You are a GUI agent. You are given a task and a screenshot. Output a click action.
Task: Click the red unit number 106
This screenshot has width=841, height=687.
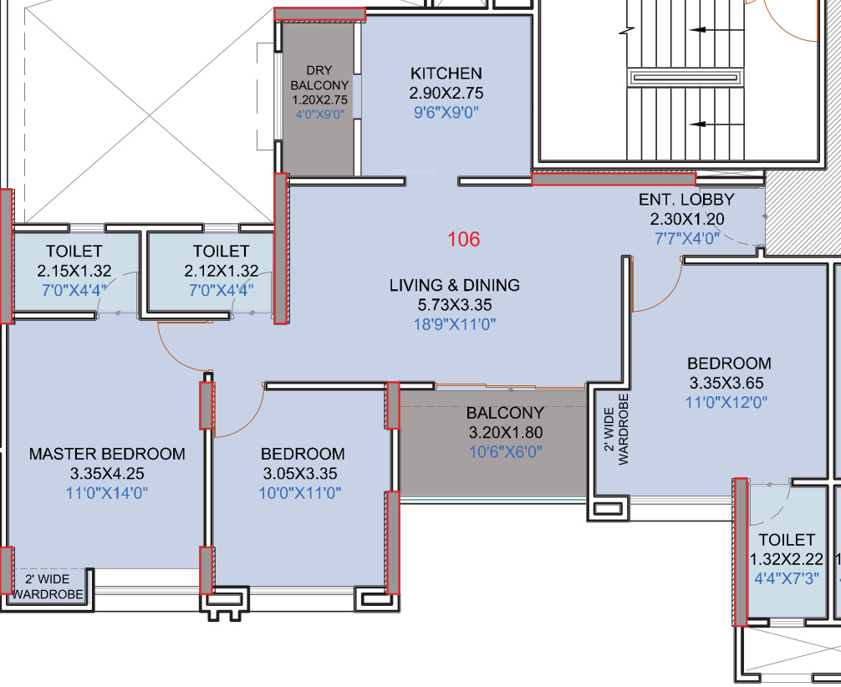[464, 239]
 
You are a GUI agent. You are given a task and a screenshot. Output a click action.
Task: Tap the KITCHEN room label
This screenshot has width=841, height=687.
[446, 74]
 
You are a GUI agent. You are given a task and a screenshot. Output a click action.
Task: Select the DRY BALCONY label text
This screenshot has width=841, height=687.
[319, 78]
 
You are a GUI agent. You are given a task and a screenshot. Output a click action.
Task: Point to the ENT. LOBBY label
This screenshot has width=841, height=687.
[686, 200]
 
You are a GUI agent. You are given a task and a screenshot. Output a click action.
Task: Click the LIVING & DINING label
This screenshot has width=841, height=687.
[455, 285]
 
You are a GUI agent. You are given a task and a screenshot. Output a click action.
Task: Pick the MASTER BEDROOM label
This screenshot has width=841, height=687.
[107, 454]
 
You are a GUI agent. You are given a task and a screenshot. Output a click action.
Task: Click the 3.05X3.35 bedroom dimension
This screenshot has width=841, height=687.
[300, 474]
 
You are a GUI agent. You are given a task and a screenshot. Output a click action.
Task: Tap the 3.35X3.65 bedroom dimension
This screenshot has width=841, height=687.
[726, 383]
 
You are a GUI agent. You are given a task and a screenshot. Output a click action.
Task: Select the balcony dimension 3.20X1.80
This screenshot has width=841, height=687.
[506, 432]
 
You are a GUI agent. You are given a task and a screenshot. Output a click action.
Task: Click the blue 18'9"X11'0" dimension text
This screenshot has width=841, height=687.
[455, 324]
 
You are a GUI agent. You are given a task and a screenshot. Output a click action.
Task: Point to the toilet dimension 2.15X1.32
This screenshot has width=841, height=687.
[74, 271]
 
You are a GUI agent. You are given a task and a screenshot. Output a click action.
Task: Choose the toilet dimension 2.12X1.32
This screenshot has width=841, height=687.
[222, 271]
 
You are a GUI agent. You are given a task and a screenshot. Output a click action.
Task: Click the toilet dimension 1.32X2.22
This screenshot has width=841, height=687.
[787, 559]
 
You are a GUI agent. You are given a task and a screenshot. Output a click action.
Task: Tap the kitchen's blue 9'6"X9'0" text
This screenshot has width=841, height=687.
[446, 113]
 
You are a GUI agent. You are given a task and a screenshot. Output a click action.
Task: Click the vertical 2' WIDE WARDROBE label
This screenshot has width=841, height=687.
[616, 429]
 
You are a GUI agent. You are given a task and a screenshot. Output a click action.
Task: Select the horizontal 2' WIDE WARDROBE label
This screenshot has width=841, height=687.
[48, 587]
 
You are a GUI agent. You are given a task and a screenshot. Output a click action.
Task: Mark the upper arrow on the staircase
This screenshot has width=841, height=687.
[717, 30]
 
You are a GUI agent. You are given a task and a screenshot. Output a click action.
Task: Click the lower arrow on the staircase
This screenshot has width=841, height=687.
[717, 125]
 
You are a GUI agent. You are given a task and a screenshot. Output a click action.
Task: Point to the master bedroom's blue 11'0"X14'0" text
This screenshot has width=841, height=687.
[107, 493]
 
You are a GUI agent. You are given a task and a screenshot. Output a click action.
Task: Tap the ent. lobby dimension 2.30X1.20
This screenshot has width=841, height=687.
[687, 219]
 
